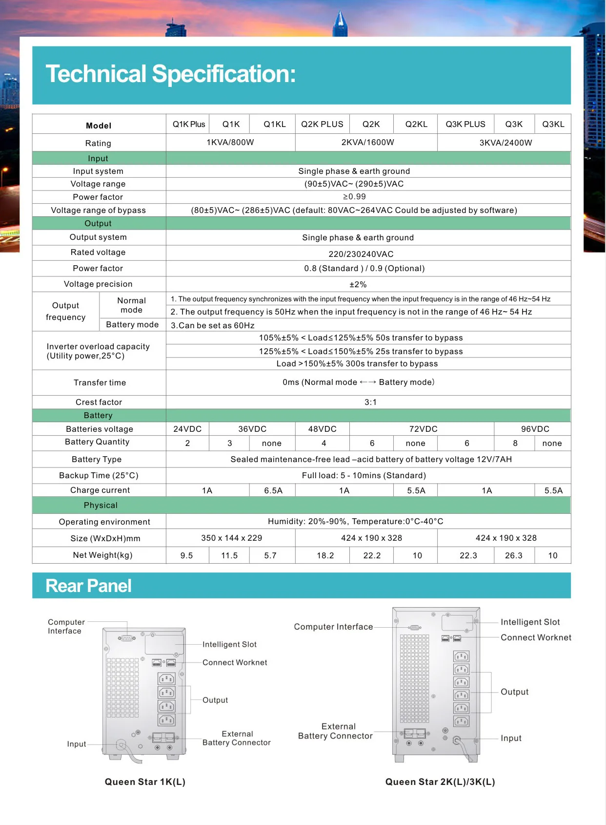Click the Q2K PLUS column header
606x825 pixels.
(322, 124)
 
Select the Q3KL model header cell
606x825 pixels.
(553, 124)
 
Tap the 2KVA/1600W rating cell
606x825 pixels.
(367, 142)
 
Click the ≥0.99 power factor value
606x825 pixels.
(354, 196)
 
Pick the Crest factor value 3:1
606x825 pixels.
(370, 402)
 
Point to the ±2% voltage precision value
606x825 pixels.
(358, 284)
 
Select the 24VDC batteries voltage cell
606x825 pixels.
(187, 429)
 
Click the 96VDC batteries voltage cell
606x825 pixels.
(535, 429)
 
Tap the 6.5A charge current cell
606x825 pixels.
(273, 490)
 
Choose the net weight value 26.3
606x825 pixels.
(513, 555)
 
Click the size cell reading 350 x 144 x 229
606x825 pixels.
(231, 538)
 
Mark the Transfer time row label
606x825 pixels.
(100, 382)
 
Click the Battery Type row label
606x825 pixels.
(97, 459)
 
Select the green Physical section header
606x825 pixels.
(101, 505)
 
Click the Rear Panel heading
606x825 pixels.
(88, 586)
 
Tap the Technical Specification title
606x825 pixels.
(170, 74)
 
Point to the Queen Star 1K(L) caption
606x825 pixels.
(145, 782)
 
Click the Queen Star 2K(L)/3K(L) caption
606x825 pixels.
(440, 782)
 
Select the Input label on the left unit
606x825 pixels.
(77, 744)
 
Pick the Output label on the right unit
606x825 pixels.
(514, 692)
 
